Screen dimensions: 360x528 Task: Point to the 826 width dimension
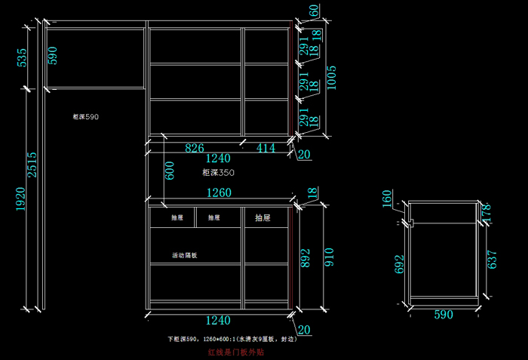click(x=195, y=148)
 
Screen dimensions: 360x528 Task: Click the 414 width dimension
click(x=266, y=148)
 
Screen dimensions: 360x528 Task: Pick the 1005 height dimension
click(x=331, y=78)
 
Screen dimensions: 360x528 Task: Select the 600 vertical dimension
click(x=169, y=171)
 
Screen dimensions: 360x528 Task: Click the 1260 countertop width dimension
click(x=219, y=192)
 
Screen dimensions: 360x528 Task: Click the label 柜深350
click(x=219, y=173)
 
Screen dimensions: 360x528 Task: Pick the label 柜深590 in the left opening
click(x=85, y=117)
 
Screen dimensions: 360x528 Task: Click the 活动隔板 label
click(x=185, y=255)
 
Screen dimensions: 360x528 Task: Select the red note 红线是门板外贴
click(x=235, y=352)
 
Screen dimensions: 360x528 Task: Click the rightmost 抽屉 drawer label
click(x=262, y=218)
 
